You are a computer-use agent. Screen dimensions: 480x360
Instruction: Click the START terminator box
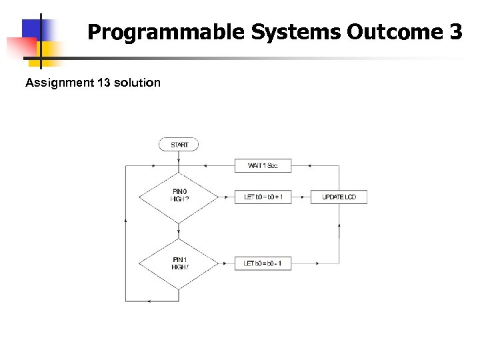coord(179,144)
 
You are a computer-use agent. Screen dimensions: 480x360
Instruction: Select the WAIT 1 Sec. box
coord(263,165)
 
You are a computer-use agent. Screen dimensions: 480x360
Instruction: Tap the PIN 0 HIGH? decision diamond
coord(179,197)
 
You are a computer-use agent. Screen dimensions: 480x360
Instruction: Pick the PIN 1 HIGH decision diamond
coord(179,263)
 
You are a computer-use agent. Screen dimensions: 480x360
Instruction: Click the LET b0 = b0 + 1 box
coord(263,197)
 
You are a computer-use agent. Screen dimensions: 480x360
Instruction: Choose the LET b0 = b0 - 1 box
coord(263,263)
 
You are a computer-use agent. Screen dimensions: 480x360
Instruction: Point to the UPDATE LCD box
coord(339,197)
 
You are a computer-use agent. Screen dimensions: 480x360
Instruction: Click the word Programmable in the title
coord(165,32)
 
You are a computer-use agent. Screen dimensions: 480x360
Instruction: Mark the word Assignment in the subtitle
coord(56,83)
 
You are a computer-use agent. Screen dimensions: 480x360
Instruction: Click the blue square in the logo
coord(35,29)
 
